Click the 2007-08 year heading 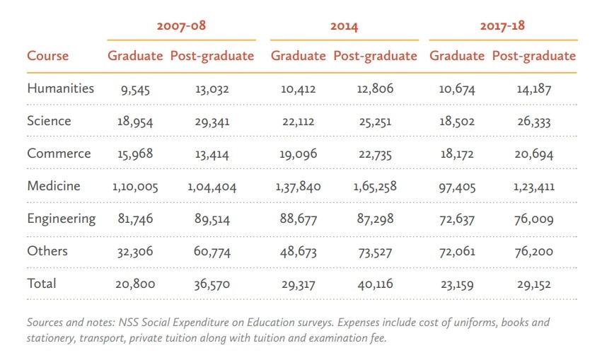pyautogui.click(x=181, y=27)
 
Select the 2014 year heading pyautogui.click(x=345, y=27)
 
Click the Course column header pyautogui.click(x=48, y=57)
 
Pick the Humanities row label pyautogui.click(x=60, y=88)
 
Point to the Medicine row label pyautogui.click(x=54, y=186)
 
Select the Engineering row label pyautogui.click(x=61, y=219)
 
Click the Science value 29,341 pyautogui.click(x=212, y=122)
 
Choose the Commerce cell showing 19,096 pyautogui.click(x=299, y=154)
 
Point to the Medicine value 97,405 pyautogui.click(x=456, y=187)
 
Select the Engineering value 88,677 pyautogui.click(x=299, y=219)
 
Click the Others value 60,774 pyautogui.click(x=212, y=252)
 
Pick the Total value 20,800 pyautogui.click(x=134, y=284)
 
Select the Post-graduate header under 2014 pyautogui.click(x=375, y=57)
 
